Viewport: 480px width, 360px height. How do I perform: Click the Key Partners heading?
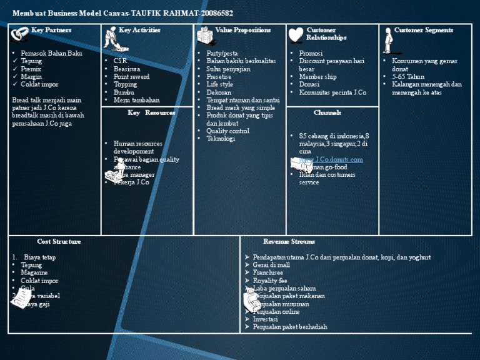coord(51,30)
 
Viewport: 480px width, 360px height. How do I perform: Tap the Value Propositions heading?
coord(242,30)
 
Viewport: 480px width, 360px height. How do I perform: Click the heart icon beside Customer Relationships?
coord(296,36)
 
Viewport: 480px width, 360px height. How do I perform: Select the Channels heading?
coord(327,113)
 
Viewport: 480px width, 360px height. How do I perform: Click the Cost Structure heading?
coord(59,241)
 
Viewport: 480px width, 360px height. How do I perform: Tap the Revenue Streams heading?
coord(289,241)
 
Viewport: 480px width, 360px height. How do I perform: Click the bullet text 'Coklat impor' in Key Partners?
coord(39,84)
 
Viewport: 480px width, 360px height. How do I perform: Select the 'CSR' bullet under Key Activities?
coord(120,61)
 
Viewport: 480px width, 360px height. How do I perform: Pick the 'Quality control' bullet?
coord(227,131)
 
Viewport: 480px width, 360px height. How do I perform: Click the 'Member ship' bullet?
coord(317,77)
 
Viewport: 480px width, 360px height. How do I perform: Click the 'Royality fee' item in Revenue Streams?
coord(270,281)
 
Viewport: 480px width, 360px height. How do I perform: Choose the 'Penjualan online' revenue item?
coord(276,312)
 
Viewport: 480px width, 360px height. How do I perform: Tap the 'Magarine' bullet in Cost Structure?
coord(34,273)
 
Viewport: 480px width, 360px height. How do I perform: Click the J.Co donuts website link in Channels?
coord(331,159)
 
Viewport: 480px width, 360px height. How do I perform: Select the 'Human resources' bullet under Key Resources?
coord(137,144)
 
